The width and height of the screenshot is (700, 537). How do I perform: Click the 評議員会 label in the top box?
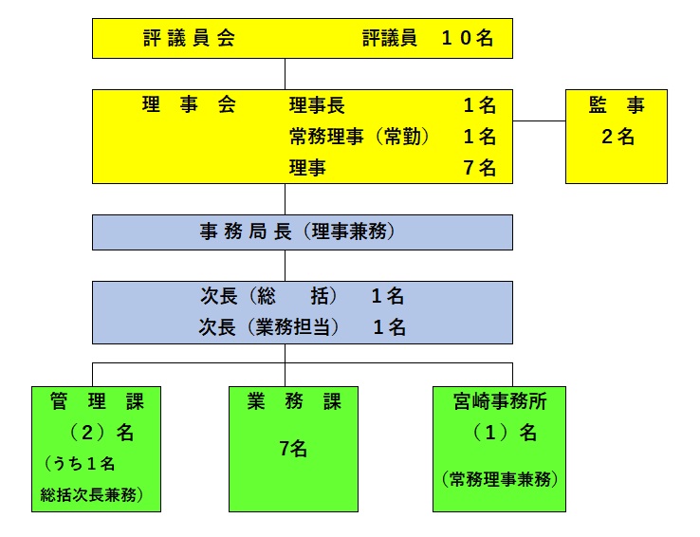(188, 39)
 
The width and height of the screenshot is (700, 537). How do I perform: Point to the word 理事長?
(317, 105)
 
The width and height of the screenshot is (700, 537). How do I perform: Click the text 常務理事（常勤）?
(359, 137)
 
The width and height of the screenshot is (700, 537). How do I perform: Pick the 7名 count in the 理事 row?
(479, 168)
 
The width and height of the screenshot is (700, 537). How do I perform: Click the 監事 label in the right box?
(617, 105)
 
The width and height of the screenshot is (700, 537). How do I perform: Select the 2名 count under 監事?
(617, 137)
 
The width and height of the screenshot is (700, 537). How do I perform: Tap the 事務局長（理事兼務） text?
(297, 231)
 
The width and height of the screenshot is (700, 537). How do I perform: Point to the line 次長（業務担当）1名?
(302, 327)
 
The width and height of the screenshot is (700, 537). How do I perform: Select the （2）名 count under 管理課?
(95, 433)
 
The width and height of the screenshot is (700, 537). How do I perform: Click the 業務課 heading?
(293, 401)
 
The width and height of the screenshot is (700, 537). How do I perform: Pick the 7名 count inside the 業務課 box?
(293, 448)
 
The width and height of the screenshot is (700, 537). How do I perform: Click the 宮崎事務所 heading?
(500, 401)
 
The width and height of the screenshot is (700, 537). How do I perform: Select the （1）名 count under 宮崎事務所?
(500, 433)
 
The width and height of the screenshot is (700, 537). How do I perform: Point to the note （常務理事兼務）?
(500, 479)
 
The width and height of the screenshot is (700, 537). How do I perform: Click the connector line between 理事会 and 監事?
(539, 121)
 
